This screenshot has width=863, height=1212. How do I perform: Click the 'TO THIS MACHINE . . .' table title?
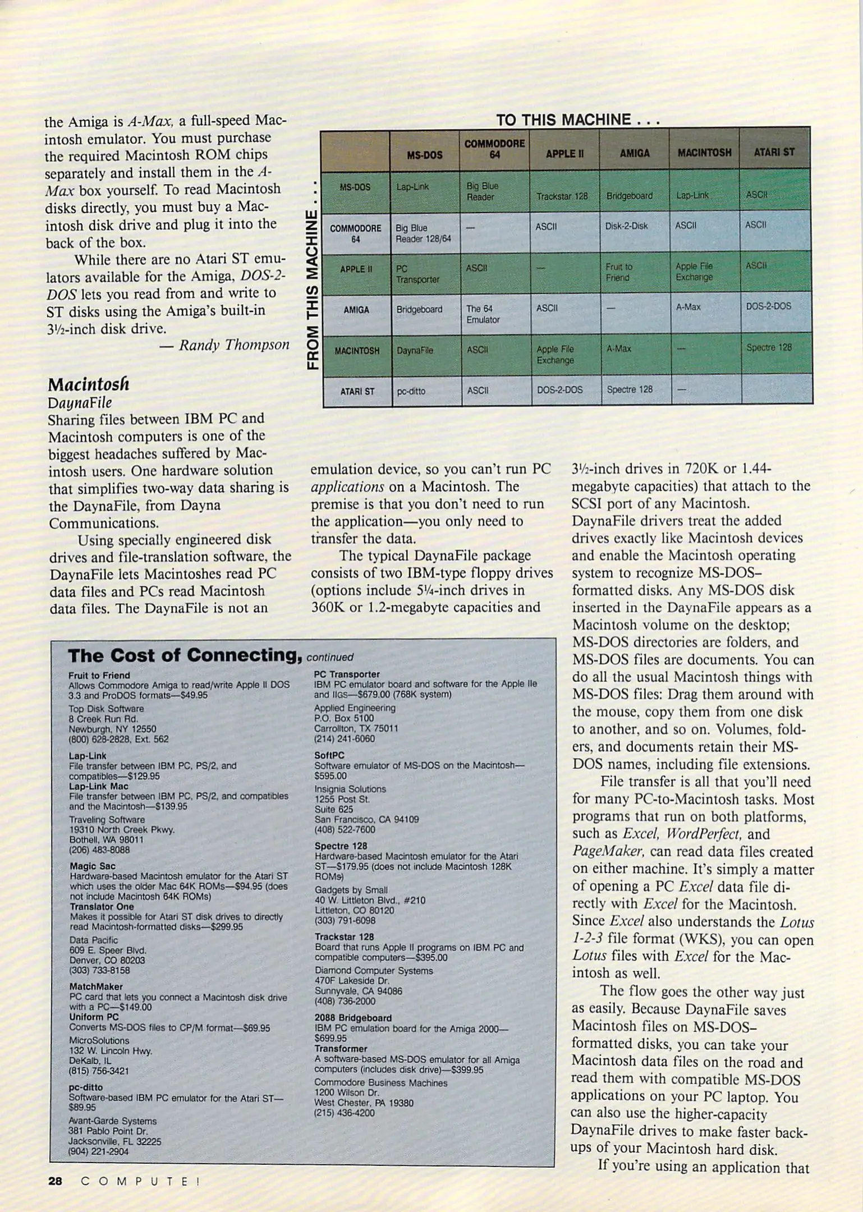577,120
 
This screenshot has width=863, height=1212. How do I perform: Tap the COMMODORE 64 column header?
494,149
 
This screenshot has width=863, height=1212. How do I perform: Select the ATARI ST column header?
774,152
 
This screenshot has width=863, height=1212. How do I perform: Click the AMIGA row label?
356,310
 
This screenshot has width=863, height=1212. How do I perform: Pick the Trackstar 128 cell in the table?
562,196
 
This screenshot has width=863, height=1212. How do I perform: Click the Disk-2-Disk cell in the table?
626,226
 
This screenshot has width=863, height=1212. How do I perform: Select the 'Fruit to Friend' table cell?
618,272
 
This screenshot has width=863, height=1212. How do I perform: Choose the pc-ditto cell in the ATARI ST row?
411,391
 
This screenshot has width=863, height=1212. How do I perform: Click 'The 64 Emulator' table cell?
483,314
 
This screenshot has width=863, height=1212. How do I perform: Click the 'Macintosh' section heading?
88,384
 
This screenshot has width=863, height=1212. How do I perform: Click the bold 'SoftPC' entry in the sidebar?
329,755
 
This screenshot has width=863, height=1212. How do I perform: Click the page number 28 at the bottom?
55,1181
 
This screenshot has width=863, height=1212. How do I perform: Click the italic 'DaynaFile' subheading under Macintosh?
80,403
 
